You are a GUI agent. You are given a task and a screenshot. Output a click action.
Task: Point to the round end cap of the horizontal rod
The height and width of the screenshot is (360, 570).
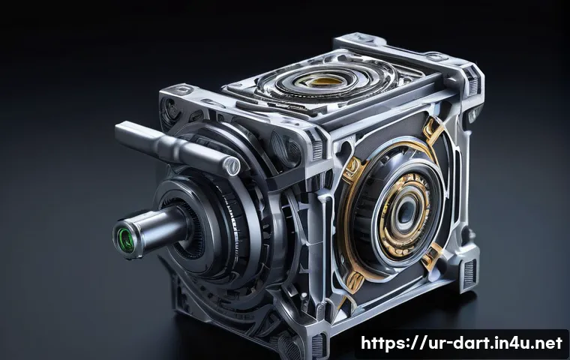232,166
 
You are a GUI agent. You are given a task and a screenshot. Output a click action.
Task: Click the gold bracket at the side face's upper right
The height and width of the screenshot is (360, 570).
433,129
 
